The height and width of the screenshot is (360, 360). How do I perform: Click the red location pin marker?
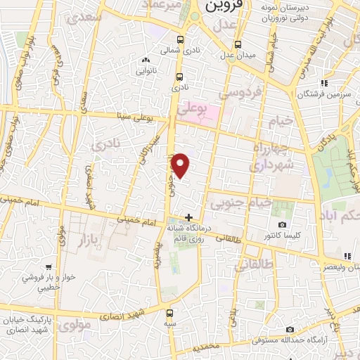pyautogui.click(x=181, y=165)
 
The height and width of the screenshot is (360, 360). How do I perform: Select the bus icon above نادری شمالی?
pyautogui.click(x=180, y=40)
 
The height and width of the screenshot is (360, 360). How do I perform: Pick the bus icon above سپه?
pyautogui.click(x=170, y=313)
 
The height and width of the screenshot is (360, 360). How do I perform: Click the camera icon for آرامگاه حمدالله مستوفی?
pyautogui.click(x=290, y=329)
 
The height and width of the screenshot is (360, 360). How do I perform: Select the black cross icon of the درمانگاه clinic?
pyautogui.click(x=188, y=217)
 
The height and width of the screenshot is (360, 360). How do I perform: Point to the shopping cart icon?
pyautogui.click(x=48, y=266)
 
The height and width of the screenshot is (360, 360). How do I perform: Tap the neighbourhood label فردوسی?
pyautogui.click(x=240, y=92)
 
